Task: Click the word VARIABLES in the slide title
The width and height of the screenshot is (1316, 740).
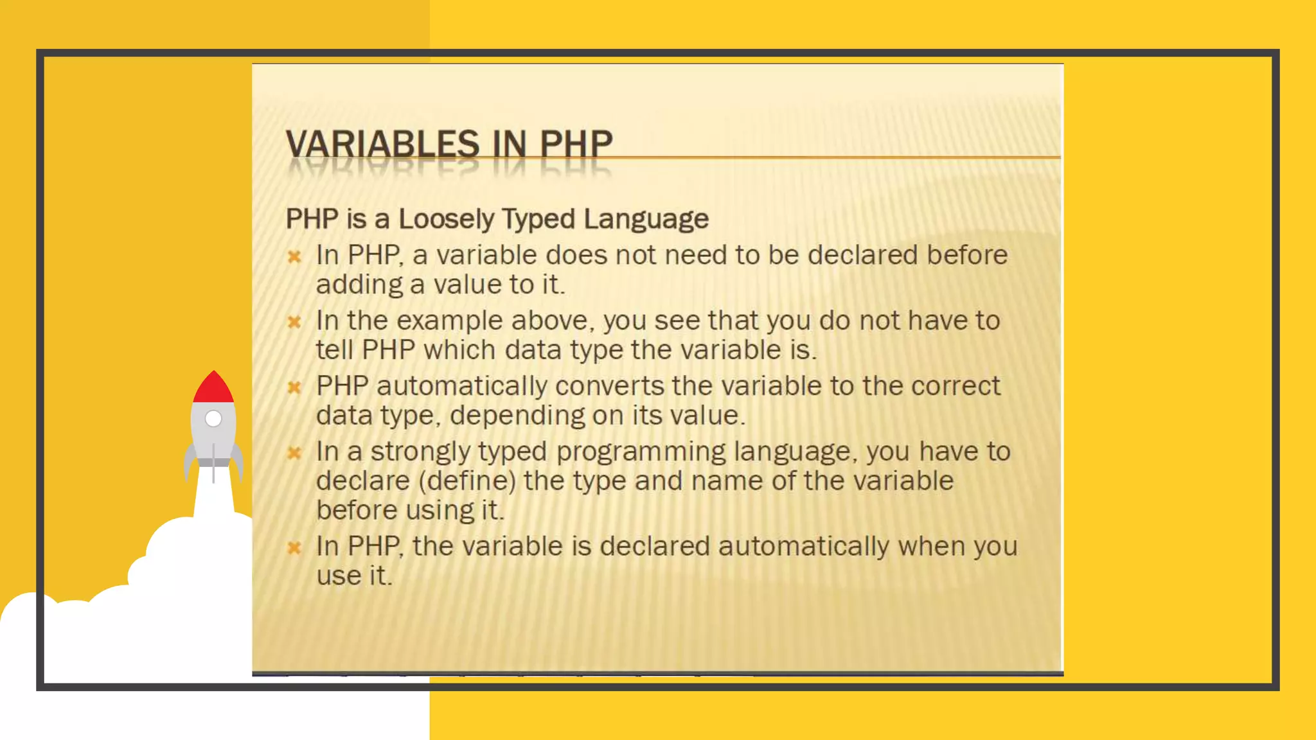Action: tap(383, 143)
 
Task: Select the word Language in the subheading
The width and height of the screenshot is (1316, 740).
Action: tap(646, 219)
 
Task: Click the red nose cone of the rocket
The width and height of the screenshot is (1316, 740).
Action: tap(213, 387)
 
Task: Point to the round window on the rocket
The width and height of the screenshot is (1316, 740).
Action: tap(213, 419)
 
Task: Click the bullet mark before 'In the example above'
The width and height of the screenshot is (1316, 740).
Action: tap(294, 321)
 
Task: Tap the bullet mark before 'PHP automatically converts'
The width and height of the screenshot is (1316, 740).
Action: tap(294, 387)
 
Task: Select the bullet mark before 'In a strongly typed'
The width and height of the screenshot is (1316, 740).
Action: tap(294, 453)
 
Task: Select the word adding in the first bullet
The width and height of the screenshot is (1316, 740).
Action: tap(359, 285)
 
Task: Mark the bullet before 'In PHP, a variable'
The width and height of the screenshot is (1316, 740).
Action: tap(294, 257)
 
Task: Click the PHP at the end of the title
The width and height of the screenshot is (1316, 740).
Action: tap(576, 143)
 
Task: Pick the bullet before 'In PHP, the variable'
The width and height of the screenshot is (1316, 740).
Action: tap(294, 547)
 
